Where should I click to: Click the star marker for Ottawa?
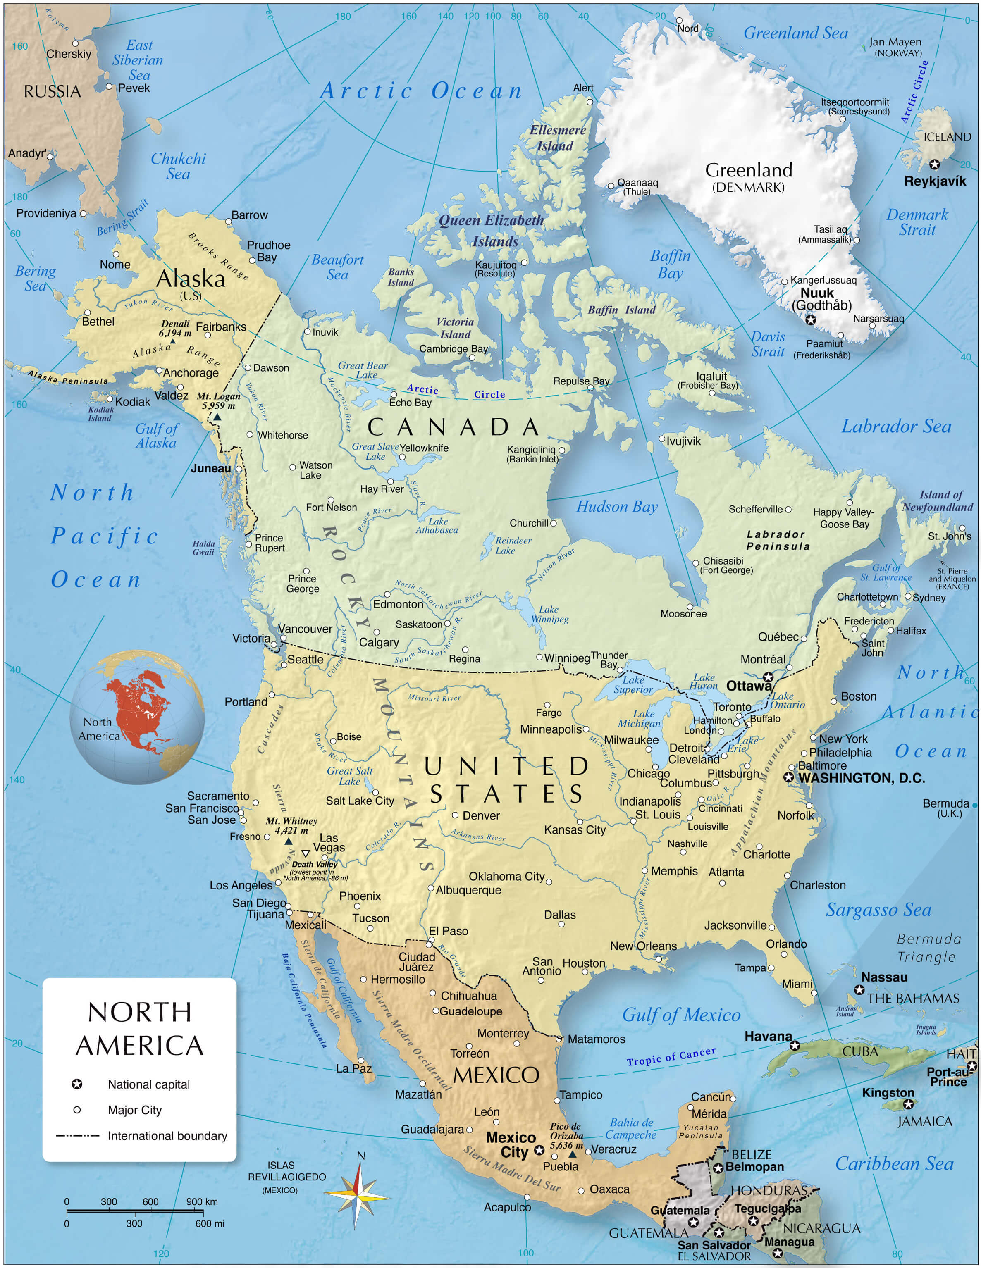coord(768,677)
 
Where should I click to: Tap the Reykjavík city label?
coord(935,181)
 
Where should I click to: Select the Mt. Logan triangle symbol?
coord(217,417)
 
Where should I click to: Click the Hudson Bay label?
coord(616,507)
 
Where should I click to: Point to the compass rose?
coord(357,1196)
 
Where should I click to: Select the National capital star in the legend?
coord(76,1084)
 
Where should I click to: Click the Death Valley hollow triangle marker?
coord(306,853)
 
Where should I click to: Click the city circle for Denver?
coord(455,815)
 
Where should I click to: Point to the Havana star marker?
coord(795,1046)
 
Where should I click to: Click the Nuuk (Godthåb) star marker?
coord(810,319)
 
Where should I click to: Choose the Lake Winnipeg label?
coord(549,614)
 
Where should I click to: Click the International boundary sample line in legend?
coord(77,1136)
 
